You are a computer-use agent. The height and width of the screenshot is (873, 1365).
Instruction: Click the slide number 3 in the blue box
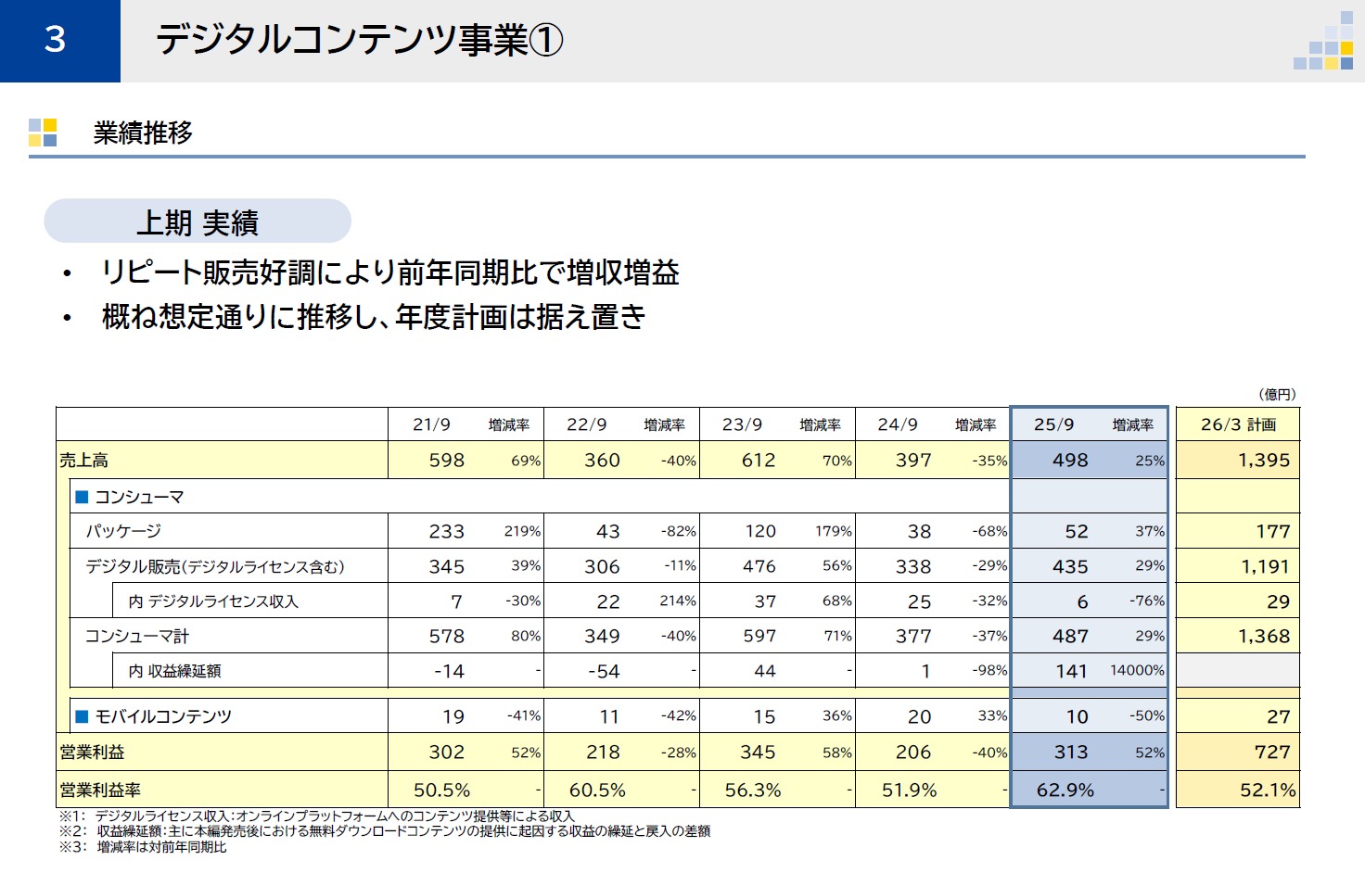tap(56, 40)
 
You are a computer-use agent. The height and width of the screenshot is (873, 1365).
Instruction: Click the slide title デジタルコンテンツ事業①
tap(359, 40)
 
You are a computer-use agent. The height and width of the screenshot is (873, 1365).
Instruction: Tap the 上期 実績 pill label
tap(197, 222)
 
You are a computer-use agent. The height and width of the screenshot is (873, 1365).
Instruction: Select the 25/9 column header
tap(1053, 424)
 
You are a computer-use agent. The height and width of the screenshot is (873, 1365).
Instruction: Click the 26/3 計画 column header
tap(1238, 424)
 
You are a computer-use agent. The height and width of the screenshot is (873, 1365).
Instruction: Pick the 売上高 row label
tap(84, 461)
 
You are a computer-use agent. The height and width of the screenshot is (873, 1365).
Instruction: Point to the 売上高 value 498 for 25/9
tap(1070, 461)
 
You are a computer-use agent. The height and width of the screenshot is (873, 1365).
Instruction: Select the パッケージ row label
tap(123, 531)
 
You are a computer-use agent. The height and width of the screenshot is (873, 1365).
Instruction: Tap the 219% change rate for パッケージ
tap(522, 531)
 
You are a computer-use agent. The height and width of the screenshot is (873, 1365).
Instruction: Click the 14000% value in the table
tap(1137, 670)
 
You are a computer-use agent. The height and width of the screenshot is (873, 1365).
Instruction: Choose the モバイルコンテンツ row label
tap(163, 716)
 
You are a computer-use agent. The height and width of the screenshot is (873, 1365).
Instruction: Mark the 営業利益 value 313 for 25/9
tap(1071, 753)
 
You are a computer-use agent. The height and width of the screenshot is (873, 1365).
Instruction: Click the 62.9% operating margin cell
tap(1065, 791)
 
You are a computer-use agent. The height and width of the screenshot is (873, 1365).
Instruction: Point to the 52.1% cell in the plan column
tap(1267, 791)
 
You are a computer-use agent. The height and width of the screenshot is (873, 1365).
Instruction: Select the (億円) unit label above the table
tap(1277, 395)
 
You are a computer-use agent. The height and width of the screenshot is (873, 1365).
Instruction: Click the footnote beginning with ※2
tap(385, 831)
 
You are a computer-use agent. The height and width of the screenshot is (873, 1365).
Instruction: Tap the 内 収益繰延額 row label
tap(174, 671)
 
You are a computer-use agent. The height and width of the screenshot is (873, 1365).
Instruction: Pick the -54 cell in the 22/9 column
tap(604, 671)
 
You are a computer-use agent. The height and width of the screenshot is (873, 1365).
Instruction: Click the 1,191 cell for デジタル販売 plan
tap(1265, 566)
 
